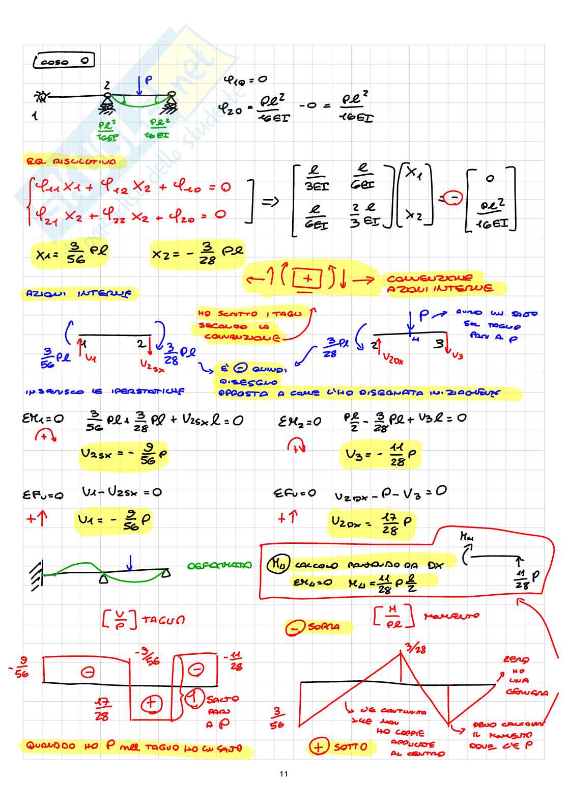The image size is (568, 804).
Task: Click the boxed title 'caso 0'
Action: coord(64,62)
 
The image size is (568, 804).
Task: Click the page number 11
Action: coord(283,774)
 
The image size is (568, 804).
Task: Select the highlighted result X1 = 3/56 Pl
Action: coord(71,253)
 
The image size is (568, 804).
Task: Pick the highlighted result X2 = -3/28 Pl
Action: coord(197,253)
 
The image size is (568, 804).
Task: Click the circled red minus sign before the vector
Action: coord(452,199)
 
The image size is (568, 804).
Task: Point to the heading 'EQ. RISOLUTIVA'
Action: coord(71,162)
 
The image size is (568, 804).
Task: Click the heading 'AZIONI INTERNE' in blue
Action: coord(79,294)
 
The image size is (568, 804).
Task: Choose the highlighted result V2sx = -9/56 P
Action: coord(124,454)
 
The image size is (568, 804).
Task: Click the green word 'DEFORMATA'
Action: coord(219,566)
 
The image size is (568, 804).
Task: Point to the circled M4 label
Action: coord(278,564)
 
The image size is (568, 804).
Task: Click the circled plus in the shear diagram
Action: coord(151,704)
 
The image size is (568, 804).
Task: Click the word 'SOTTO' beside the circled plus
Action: coord(351,747)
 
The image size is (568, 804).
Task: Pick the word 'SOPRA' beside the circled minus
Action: coord(324,627)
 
